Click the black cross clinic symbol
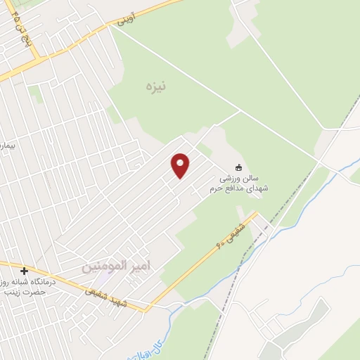coord(25,271)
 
